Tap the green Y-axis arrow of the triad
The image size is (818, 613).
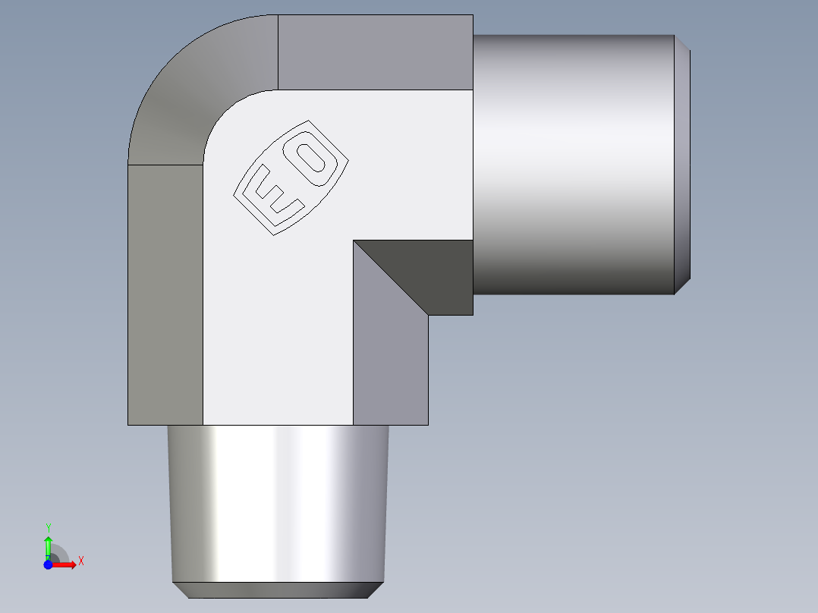tap(48, 546)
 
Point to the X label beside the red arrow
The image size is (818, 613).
tap(80, 561)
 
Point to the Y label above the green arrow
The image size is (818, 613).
tap(48, 527)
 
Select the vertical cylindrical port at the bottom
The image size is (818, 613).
tap(277, 501)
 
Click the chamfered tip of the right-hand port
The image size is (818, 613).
tap(682, 165)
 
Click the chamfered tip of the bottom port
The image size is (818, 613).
tap(277, 590)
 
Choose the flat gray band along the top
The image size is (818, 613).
tap(376, 52)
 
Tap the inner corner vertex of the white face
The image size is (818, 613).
tap(353, 240)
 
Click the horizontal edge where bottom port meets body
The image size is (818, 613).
tap(277, 425)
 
